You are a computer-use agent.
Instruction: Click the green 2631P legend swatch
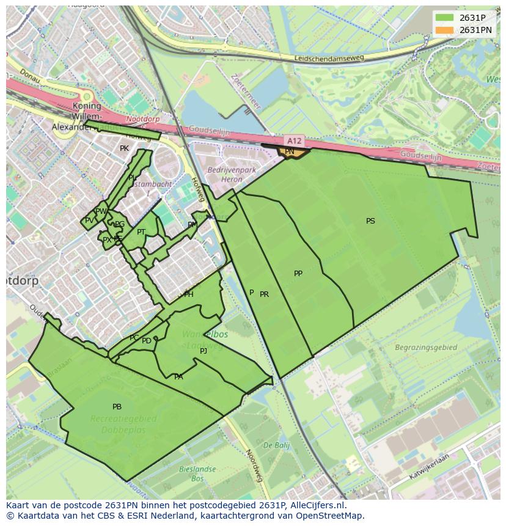[444, 18]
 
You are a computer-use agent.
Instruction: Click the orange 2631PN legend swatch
[444, 30]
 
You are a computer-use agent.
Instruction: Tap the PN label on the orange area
[290, 152]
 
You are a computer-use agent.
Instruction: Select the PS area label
[370, 221]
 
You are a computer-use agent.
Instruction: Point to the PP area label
[298, 274]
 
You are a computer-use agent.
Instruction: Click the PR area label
[264, 294]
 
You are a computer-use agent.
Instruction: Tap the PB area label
[117, 407]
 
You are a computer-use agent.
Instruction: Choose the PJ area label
[204, 351]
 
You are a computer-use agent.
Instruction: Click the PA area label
[178, 377]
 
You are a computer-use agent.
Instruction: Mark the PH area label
[189, 294]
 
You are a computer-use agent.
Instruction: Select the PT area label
[141, 232]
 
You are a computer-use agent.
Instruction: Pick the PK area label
[124, 148]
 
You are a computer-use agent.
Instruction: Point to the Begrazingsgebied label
[426, 348]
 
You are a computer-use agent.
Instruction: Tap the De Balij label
[276, 445]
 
